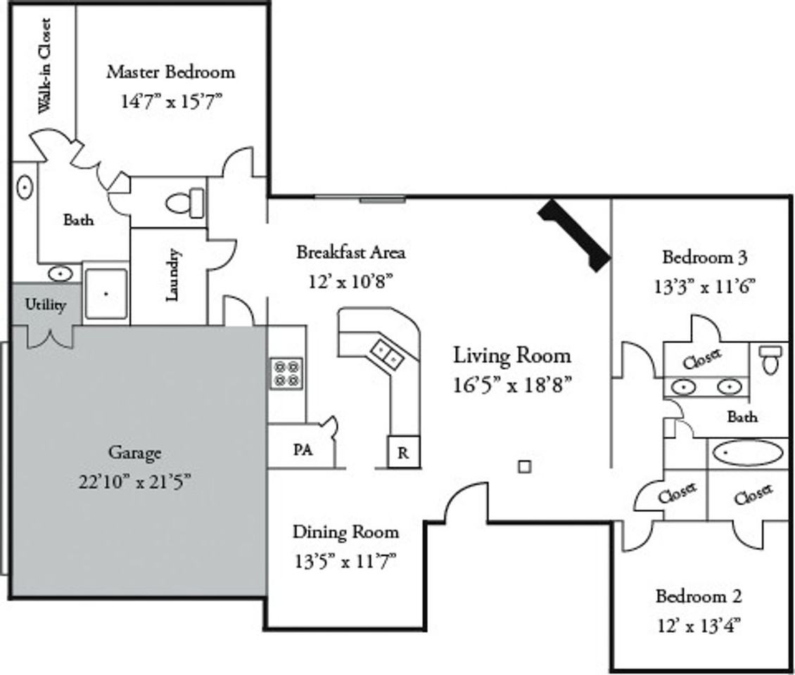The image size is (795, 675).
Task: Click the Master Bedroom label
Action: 170,72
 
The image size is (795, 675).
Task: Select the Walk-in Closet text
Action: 44,66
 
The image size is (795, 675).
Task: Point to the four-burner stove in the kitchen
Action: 287,373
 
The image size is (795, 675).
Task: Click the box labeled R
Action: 403,452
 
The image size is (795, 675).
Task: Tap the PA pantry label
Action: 303,450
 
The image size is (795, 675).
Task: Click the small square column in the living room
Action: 523,466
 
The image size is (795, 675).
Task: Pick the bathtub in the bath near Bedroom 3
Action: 746,453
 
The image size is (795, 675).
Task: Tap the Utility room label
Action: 46,305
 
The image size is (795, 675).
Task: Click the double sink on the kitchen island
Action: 386,353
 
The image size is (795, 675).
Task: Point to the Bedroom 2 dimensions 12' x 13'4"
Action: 698,624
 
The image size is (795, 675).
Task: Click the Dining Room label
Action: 345,532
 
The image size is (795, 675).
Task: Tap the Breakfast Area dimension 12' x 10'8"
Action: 350,281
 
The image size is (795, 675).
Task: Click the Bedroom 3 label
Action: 704,257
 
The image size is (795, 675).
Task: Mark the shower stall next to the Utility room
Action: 106,293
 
